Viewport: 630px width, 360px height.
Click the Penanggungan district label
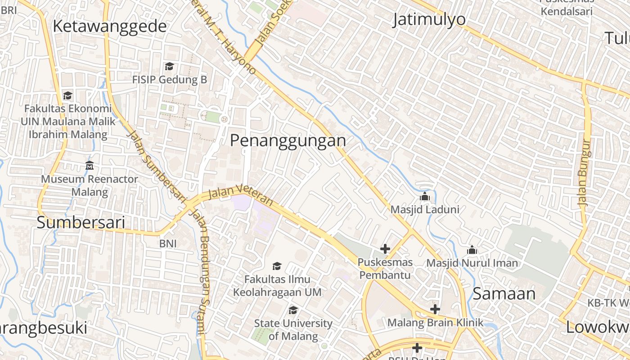click(x=288, y=141)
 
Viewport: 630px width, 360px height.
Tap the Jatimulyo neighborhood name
click(x=429, y=20)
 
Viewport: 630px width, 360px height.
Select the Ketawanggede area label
click(x=110, y=27)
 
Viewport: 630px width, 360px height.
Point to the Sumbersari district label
click(x=81, y=223)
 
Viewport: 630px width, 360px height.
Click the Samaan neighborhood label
click(x=504, y=294)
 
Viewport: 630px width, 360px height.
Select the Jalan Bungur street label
click(x=585, y=173)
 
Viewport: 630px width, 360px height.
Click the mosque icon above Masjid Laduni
click(x=424, y=197)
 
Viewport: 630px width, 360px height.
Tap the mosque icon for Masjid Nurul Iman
click(x=472, y=250)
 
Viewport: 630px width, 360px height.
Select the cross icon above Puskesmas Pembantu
click(x=385, y=248)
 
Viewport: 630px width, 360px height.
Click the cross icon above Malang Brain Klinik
click(x=435, y=309)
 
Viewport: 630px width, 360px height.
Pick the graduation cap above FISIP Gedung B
click(x=169, y=67)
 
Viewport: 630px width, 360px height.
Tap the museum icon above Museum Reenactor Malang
click(x=90, y=166)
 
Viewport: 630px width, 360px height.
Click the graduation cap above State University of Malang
click(x=293, y=310)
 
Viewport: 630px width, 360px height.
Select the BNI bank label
click(x=168, y=243)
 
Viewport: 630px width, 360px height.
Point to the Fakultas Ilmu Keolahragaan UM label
click(x=277, y=285)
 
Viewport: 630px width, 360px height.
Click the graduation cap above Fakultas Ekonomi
click(x=67, y=95)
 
